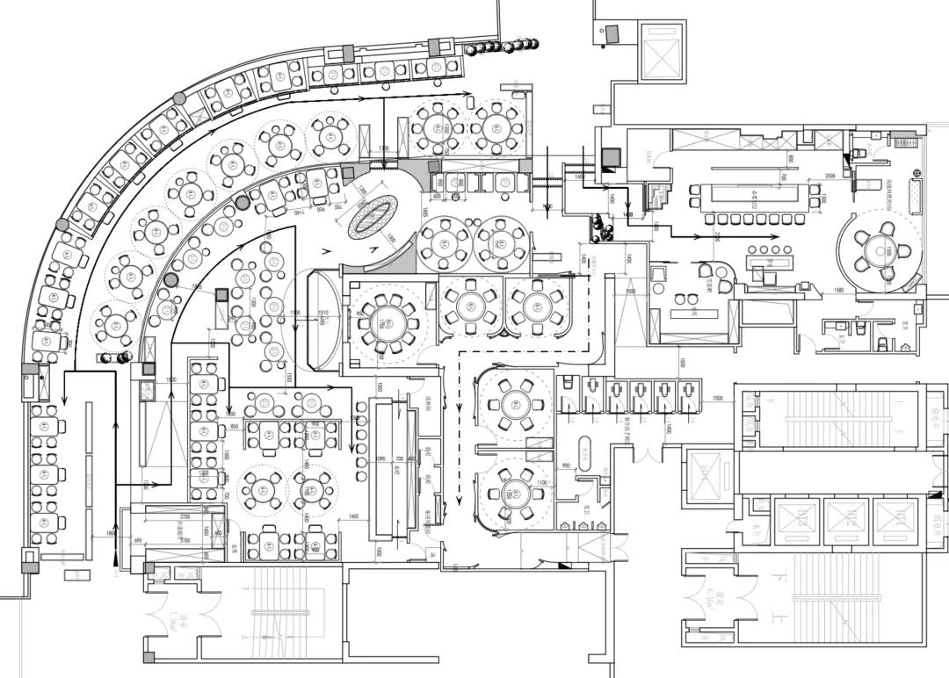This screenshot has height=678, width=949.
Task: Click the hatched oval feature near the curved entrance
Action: click(373, 215)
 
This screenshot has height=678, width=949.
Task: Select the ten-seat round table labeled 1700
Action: click(384, 321)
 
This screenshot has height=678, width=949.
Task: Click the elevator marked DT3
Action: click(896, 520)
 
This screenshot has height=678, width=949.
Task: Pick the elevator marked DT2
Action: click(847, 520)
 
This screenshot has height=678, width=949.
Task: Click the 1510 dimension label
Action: click(322, 312)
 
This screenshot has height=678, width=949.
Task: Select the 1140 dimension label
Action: click(298, 213)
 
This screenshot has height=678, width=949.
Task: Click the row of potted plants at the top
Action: click(503, 46)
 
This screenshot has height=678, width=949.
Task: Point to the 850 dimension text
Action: click(235, 426)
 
